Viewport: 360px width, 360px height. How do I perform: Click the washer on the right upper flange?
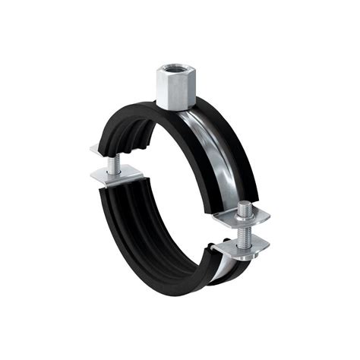click(244, 214)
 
